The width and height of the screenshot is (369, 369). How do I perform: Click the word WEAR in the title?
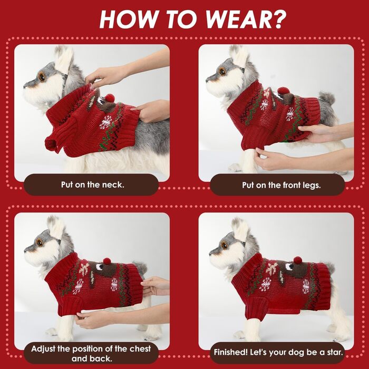[x=238, y=19]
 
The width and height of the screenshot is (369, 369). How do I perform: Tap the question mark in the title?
[x=279, y=19]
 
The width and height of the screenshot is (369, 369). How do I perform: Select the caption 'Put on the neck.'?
[x=92, y=184]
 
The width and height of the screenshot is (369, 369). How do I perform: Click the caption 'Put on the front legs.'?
[x=281, y=185]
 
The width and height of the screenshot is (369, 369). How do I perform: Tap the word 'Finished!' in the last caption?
[x=231, y=352]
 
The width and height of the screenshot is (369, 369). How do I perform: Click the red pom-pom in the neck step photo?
[x=110, y=98]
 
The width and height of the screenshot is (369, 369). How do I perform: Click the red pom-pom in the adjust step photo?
[x=107, y=261]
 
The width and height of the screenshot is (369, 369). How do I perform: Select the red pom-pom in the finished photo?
[x=298, y=260]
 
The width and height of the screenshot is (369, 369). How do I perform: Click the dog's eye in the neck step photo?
[x=42, y=77]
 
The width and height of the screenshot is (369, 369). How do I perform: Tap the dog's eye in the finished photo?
[x=224, y=246]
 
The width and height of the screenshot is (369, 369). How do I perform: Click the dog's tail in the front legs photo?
[x=327, y=99]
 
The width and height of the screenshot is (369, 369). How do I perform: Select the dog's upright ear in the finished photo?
[x=240, y=229]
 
